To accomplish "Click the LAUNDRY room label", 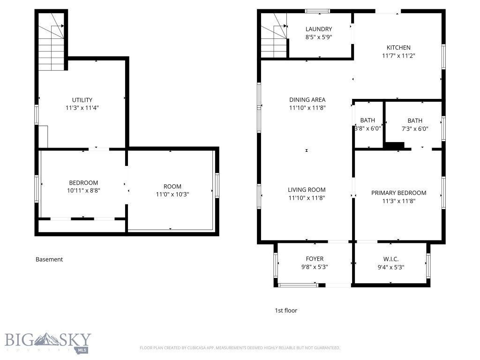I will pyautogui.click(x=319, y=29).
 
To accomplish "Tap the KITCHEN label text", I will pyautogui.click(x=398, y=47).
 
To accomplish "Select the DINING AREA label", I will pyautogui.click(x=307, y=99).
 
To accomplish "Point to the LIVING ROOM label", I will pyautogui.click(x=307, y=190).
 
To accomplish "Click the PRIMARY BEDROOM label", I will pyautogui.click(x=398, y=193).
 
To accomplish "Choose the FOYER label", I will pyautogui.click(x=315, y=259).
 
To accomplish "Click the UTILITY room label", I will pyautogui.click(x=82, y=100).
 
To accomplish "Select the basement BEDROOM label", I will pyautogui.click(x=83, y=183).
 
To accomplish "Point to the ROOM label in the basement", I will pyautogui.click(x=172, y=186).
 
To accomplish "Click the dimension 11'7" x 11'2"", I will pyautogui.click(x=398, y=55).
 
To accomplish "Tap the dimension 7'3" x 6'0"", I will pyautogui.click(x=415, y=128).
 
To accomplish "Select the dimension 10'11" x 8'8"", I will pyautogui.click(x=83, y=191).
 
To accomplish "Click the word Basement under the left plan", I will pyautogui.click(x=49, y=259).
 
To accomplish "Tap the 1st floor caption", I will pyautogui.click(x=285, y=310).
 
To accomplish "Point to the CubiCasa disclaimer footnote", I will pyautogui.click(x=240, y=348).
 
